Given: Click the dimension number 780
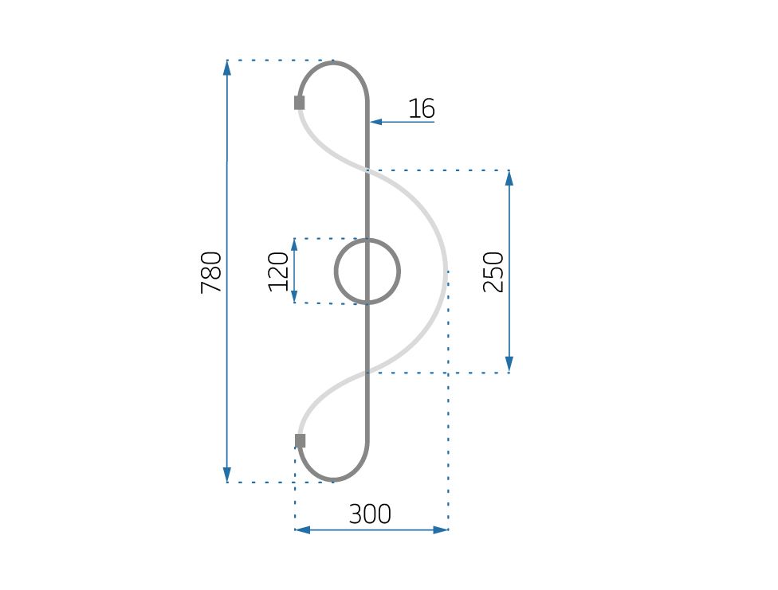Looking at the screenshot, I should (x=211, y=272).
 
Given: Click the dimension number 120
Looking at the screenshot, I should (x=278, y=272).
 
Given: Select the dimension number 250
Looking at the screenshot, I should (x=494, y=272).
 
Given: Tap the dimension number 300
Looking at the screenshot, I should (x=370, y=514).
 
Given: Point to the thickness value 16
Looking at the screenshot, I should (x=421, y=108).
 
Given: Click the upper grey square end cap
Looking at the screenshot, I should (x=300, y=103).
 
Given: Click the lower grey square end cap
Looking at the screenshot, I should (x=301, y=441).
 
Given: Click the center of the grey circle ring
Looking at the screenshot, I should (x=367, y=272).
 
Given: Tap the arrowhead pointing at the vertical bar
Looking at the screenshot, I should (x=375, y=122).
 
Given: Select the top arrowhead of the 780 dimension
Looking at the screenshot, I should (x=227, y=67).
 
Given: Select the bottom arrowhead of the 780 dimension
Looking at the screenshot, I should (x=227, y=475).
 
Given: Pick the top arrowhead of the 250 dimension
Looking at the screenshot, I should (x=509, y=177).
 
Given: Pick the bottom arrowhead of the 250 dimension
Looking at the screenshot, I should (x=509, y=365).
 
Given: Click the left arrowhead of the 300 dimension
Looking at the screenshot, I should (x=302, y=529).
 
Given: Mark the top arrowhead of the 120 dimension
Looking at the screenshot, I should (x=294, y=244).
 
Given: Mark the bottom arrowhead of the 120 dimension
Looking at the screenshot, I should (x=294, y=297).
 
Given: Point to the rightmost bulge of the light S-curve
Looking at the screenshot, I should (x=446, y=272).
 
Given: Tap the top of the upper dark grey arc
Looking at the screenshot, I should (x=334, y=62).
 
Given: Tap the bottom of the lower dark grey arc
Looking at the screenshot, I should (x=334, y=481).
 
